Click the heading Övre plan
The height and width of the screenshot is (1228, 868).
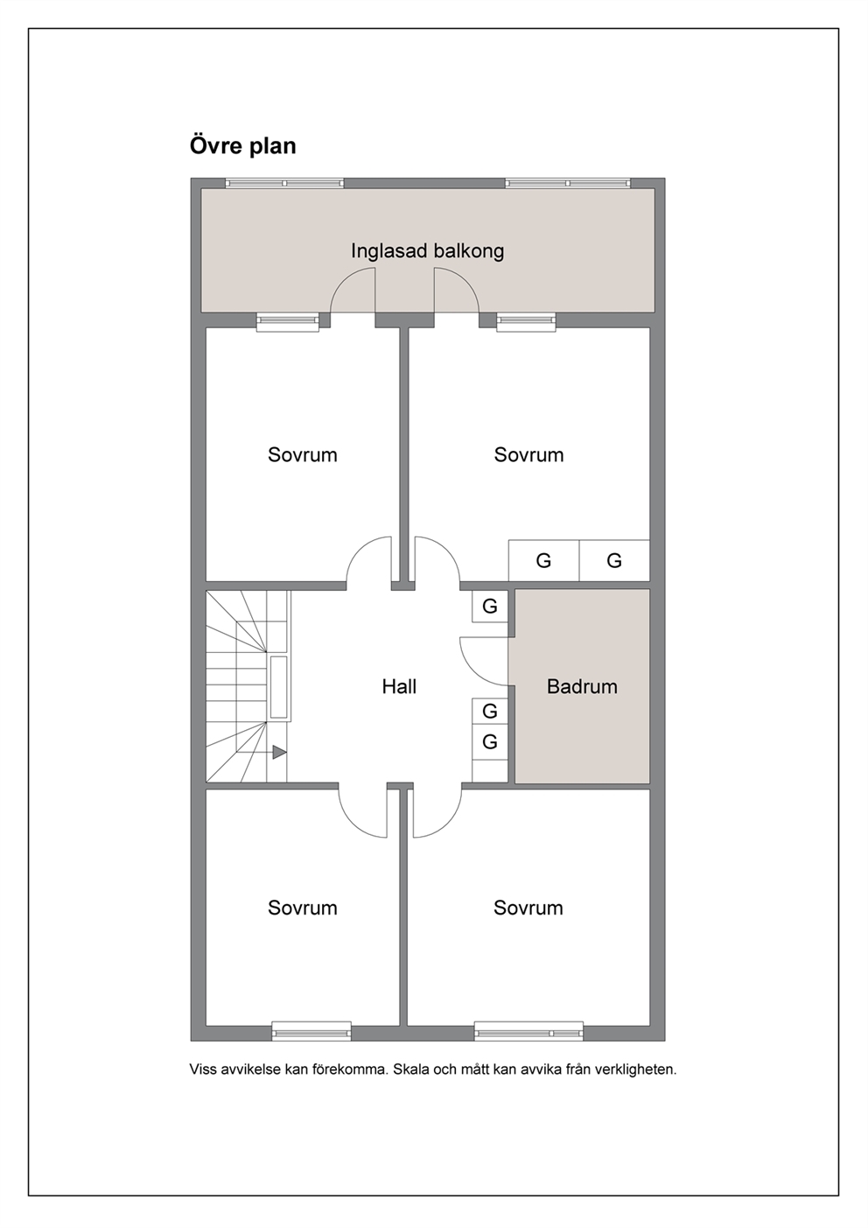click(x=242, y=146)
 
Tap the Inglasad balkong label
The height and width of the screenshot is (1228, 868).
click(x=427, y=251)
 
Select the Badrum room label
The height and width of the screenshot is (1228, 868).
click(x=582, y=686)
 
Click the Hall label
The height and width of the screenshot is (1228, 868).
click(x=399, y=686)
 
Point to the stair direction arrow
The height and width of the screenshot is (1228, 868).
click(x=279, y=752)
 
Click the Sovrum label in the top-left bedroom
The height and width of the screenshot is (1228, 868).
click(x=303, y=455)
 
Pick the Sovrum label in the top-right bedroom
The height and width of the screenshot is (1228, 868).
click(x=528, y=455)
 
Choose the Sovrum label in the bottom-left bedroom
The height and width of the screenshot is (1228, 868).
click(x=303, y=908)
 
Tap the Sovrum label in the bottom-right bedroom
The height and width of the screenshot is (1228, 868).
click(x=528, y=908)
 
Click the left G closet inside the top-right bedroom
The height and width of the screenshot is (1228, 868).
click(x=543, y=560)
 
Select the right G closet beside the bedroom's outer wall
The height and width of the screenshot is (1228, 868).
click(x=614, y=560)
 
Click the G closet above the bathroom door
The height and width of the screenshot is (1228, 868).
click(x=490, y=607)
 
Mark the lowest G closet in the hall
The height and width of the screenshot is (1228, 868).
click(x=490, y=741)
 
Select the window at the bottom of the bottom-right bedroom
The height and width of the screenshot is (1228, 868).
click(x=528, y=1031)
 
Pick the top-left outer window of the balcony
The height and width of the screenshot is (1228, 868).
click(x=284, y=183)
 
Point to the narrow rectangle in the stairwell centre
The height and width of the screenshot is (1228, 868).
click(x=279, y=687)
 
